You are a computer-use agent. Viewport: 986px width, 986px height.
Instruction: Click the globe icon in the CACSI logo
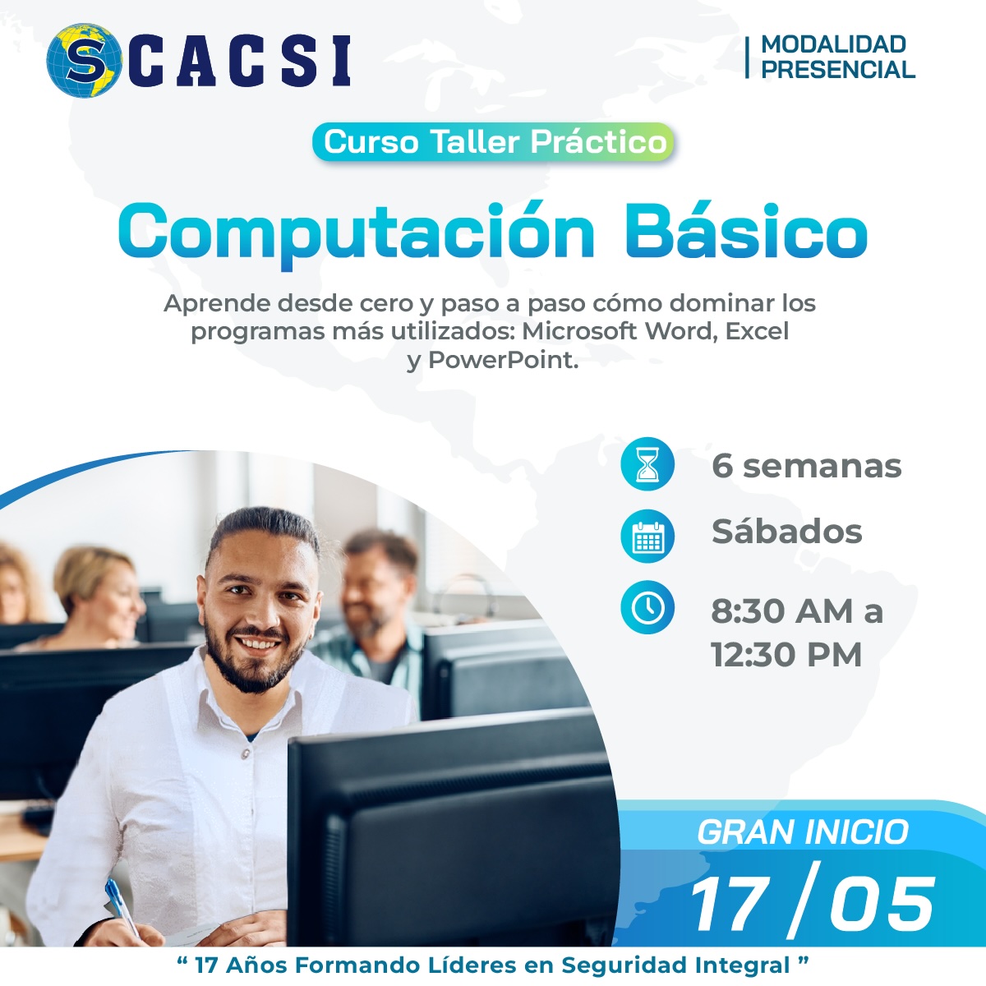(84, 60)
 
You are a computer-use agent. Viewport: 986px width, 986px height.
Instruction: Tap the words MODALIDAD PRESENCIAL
(837, 57)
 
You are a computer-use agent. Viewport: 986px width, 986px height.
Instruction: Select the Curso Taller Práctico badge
(493, 141)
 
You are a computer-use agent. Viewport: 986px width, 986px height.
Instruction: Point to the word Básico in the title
(746, 230)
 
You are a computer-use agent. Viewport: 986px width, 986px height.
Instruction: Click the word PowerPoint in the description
(503, 360)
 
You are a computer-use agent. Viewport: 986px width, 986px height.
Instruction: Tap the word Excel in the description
(758, 331)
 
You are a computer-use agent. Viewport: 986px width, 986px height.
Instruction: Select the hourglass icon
(647, 464)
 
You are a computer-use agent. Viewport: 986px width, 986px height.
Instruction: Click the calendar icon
(647, 536)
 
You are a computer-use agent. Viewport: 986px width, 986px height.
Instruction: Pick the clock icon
(647, 607)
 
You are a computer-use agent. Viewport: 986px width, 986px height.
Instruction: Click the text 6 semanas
(806, 466)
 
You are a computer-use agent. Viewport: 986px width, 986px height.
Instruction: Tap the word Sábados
(787, 531)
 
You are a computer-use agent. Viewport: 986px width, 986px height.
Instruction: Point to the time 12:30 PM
(786, 654)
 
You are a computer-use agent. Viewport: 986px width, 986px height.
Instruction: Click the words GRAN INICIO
(803, 832)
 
